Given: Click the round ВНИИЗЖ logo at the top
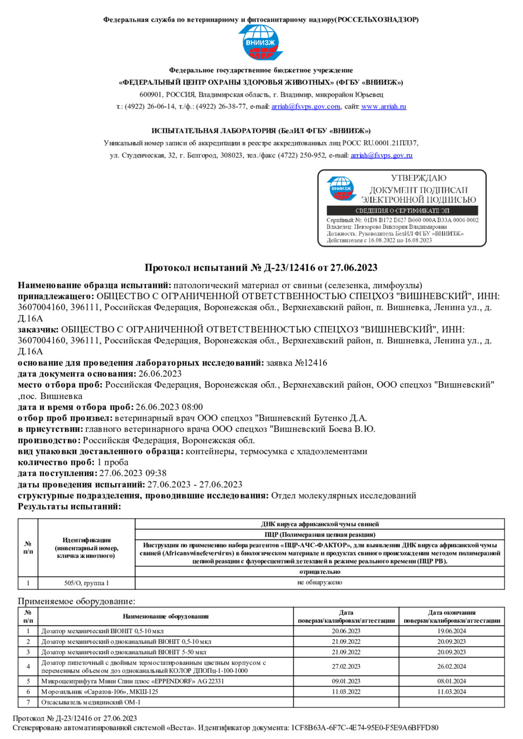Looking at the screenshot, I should (x=261, y=42).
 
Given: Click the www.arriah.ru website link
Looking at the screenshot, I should (x=384, y=106).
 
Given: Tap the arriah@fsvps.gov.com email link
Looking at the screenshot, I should (x=306, y=106).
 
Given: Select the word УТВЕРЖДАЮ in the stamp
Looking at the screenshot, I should (x=419, y=178).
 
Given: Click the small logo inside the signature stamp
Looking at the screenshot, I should (x=341, y=188).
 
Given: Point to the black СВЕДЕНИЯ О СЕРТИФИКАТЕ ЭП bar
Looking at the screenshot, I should (x=402, y=211).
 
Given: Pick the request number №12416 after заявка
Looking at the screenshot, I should (x=311, y=363).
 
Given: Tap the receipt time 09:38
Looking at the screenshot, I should (x=156, y=473).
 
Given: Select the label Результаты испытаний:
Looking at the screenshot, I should (x=70, y=506).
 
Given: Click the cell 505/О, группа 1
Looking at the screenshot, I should (x=86, y=583).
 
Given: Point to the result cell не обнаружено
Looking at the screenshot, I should (x=319, y=582).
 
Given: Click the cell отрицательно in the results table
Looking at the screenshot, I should (x=319, y=572).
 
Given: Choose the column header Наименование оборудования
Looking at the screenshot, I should (x=165, y=616).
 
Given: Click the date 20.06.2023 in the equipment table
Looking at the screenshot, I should (x=346, y=631).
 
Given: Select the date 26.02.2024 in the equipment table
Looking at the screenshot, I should (x=451, y=667).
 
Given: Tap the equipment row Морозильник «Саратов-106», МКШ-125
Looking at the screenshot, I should (x=100, y=691).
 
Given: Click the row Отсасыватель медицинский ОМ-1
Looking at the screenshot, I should (x=91, y=702).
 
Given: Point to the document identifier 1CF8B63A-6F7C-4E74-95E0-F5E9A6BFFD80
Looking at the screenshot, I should (x=365, y=727).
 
